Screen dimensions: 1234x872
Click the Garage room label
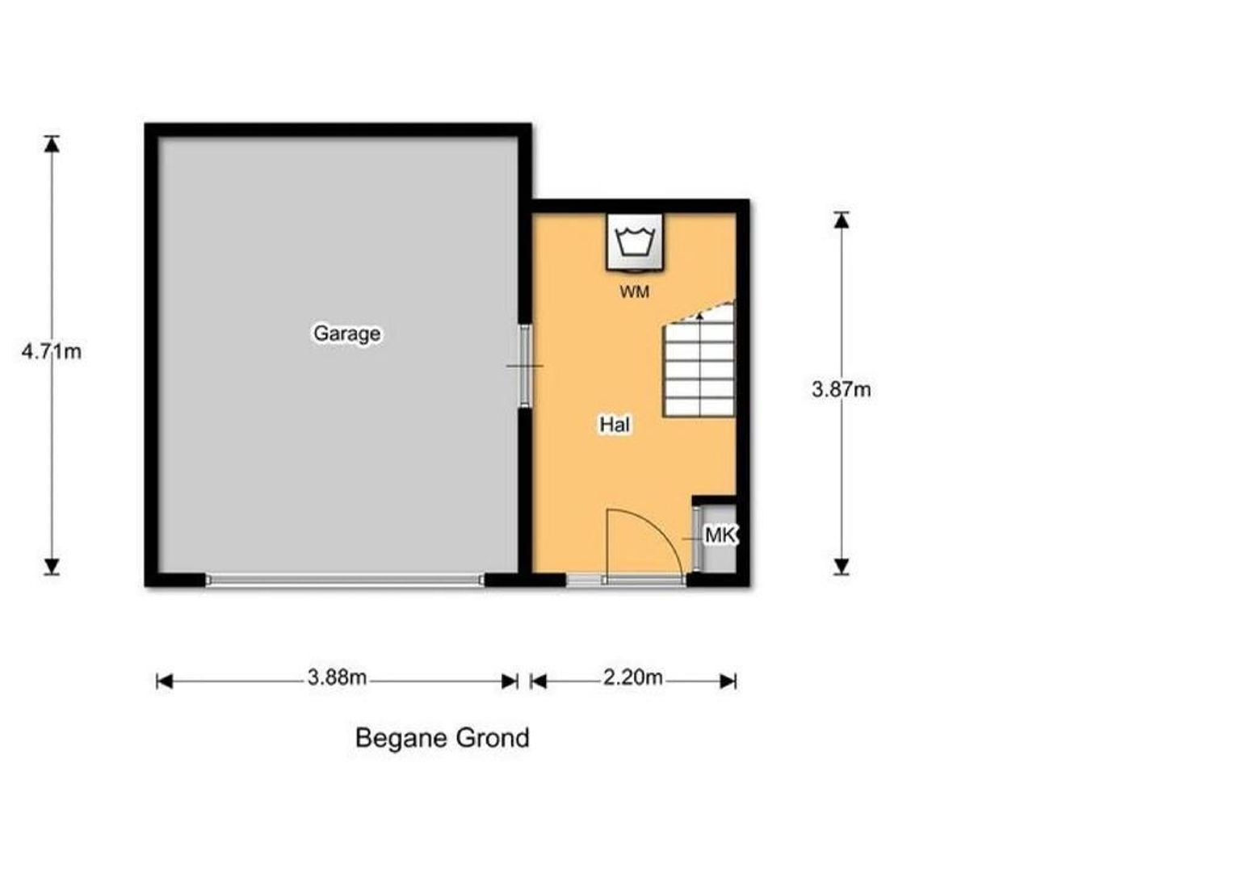coord(346,333)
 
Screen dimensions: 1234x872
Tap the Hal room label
coord(615,424)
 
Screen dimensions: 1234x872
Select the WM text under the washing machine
coord(635,292)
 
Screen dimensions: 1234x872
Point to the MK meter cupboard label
coord(720,535)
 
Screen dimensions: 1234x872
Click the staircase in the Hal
coord(699,361)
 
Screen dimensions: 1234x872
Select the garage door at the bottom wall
coord(345,580)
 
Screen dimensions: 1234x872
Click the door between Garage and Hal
coord(526,367)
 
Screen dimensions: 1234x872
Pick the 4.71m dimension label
coord(51,351)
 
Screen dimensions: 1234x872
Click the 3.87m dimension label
coord(842,390)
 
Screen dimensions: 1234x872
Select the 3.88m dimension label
coord(337,677)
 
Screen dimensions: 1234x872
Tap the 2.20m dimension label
coord(632,677)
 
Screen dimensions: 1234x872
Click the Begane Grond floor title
coord(443,738)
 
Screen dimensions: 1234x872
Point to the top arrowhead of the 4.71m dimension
coord(52,144)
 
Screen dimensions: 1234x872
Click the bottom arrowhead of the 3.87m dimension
coord(842,566)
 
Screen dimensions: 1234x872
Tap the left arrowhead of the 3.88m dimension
coord(165,682)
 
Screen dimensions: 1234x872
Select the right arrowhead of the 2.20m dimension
coord(728,682)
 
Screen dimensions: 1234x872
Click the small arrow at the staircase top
coord(699,316)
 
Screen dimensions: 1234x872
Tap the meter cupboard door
coord(696,539)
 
